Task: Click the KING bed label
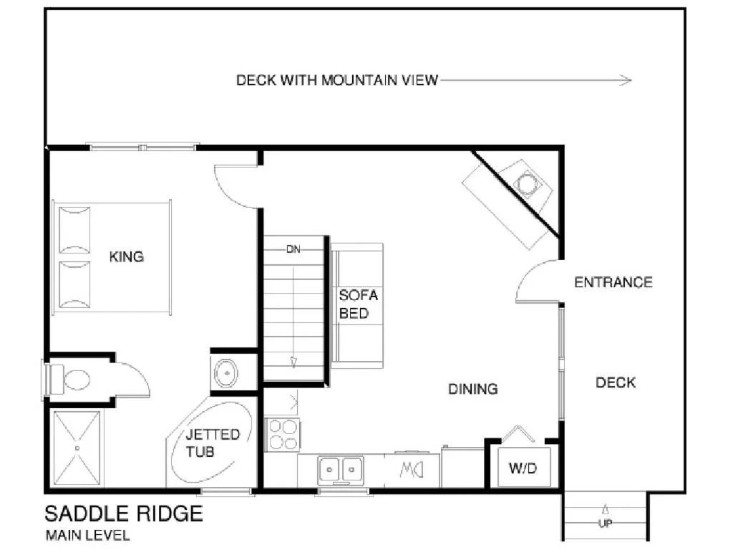[126, 256]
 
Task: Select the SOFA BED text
[358, 304]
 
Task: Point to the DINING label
[472, 390]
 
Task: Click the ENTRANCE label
[613, 282]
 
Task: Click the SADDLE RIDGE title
[124, 513]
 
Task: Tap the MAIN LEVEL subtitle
[87, 535]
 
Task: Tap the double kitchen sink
[341, 469]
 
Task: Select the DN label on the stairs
[293, 250]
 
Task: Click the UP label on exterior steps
[605, 524]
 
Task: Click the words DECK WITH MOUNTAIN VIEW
[336, 80]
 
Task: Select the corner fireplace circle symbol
[527, 183]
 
